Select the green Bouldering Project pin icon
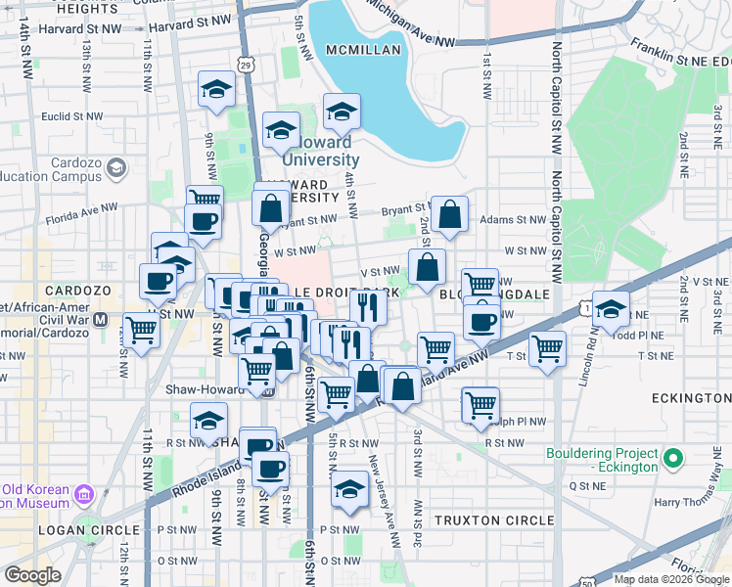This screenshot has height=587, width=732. pos(672,458)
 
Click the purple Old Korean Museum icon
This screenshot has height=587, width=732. pos(83,495)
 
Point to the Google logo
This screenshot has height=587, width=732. pos(32,575)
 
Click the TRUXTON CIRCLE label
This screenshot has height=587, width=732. pos(493,520)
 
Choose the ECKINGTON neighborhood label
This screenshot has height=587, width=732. pos(691,399)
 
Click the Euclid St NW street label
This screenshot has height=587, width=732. pos(73,115)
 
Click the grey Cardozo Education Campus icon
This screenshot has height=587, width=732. pos(116,168)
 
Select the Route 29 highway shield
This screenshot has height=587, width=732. pos(247,65)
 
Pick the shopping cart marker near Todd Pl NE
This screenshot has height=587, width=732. pos(547,347)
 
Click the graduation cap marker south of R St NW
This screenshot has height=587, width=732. pos(349,488)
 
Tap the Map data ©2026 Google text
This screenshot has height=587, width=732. pos(671,578)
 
